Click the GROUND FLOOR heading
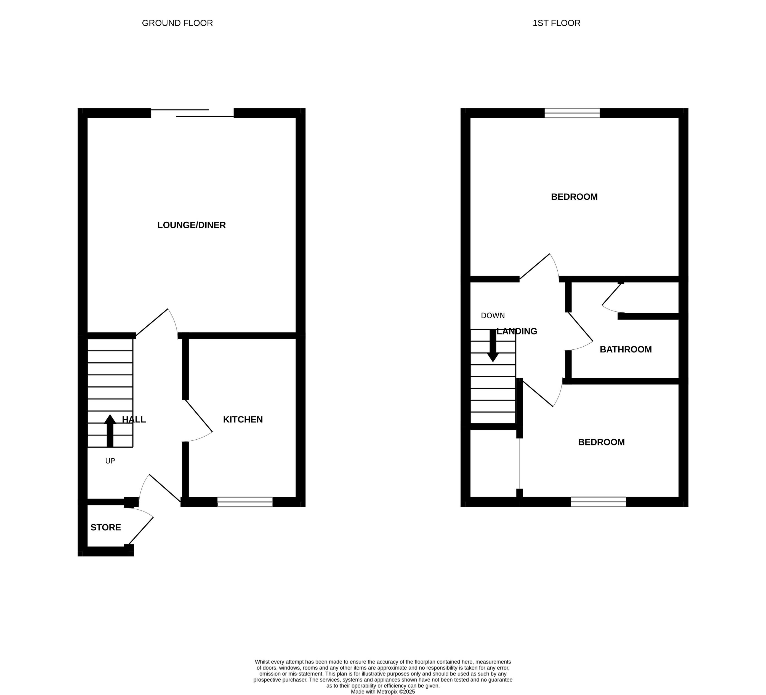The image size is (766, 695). [x=177, y=23]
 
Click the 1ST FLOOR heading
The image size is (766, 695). [x=556, y=23]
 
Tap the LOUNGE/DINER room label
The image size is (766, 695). [x=191, y=225]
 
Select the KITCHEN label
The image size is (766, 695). [x=243, y=420]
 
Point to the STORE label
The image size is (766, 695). [x=106, y=528]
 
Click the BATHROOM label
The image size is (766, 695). [x=626, y=350]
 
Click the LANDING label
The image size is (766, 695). [x=517, y=332]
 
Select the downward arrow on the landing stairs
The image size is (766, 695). [x=493, y=346]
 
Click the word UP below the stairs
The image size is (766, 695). [x=110, y=461]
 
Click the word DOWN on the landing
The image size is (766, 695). [x=493, y=316]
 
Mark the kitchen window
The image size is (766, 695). [x=245, y=502]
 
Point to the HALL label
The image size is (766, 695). [x=134, y=420]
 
